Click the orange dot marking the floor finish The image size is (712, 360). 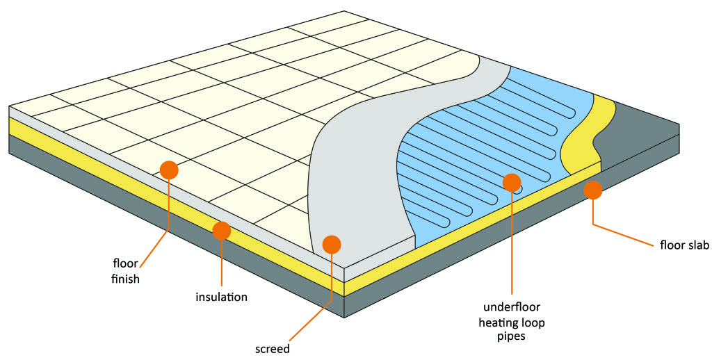[x=169, y=169]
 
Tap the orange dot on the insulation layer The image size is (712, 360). [x=222, y=229]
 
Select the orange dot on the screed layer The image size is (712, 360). [x=332, y=244]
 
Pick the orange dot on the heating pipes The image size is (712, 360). [x=512, y=183]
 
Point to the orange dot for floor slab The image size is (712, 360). [x=592, y=188]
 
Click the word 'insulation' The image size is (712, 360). [x=221, y=297]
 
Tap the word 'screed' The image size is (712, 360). [x=272, y=347]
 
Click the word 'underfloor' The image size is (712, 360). [x=512, y=308]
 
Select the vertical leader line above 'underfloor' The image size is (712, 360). [x=512, y=243]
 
